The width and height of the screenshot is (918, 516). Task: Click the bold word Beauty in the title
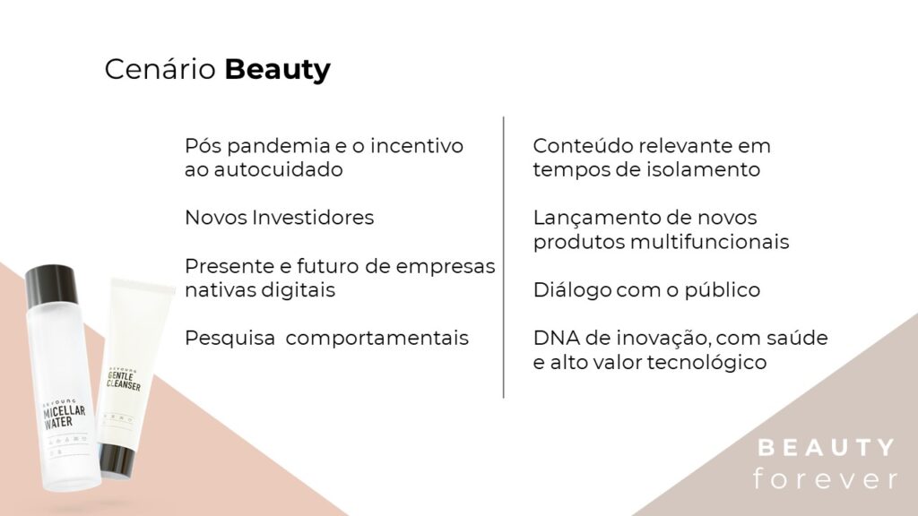click(x=277, y=69)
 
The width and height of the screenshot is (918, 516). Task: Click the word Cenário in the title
click(x=160, y=69)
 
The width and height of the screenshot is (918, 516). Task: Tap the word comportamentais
click(x=377, y=338)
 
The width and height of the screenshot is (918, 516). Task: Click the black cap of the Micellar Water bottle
click(x=52, y=285)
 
